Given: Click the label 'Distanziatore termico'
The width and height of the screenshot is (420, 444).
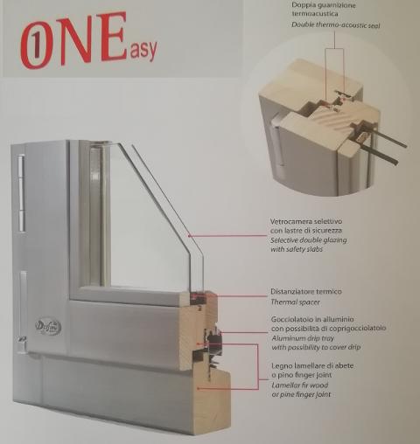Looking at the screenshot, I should tap(307, 291).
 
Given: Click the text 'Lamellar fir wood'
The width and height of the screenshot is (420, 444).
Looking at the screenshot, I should tap(302, 385).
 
